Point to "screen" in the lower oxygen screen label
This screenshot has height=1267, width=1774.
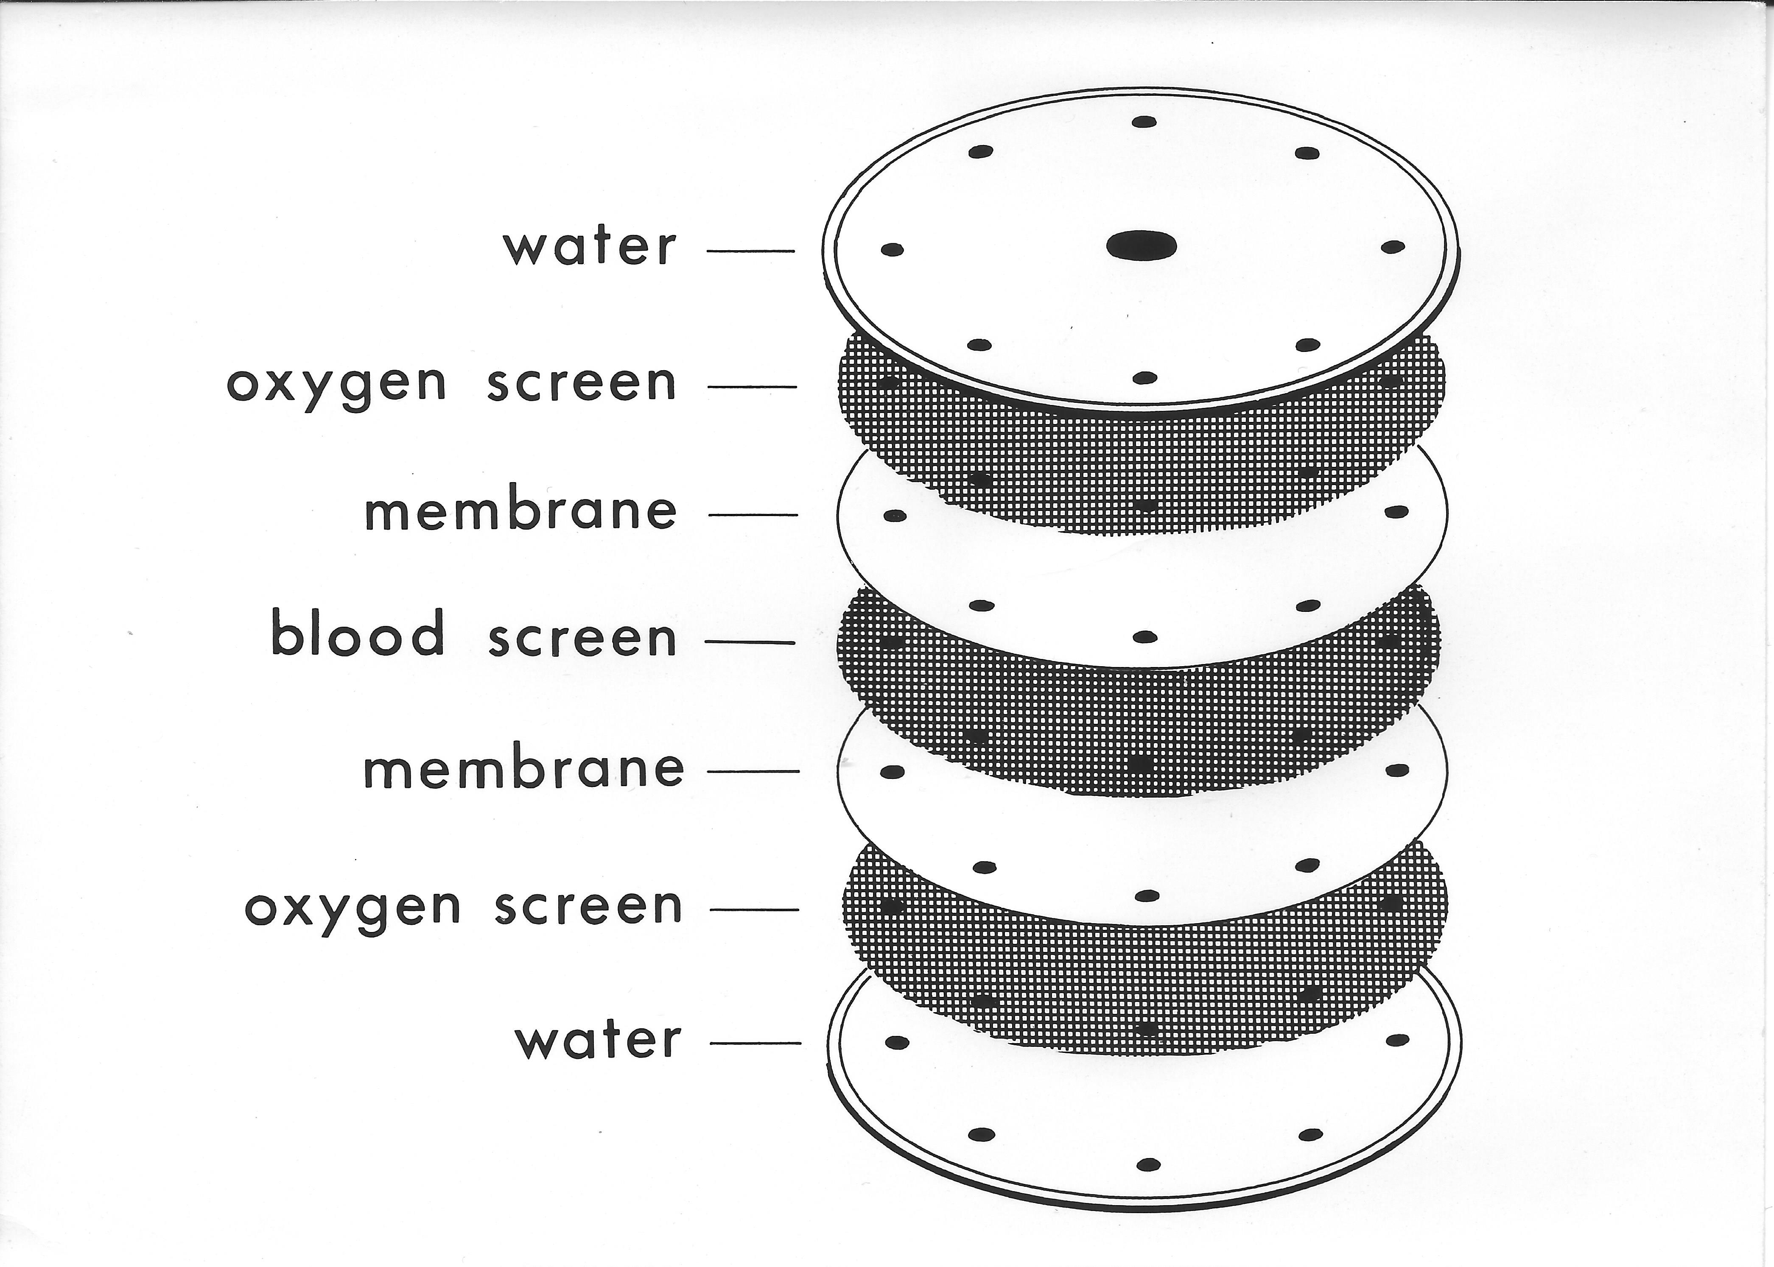coord(588,907)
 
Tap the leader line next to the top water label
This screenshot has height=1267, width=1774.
coord(750,251)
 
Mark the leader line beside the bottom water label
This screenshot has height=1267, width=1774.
coord(756,1042)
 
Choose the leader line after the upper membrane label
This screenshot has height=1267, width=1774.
coord(753,515)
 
